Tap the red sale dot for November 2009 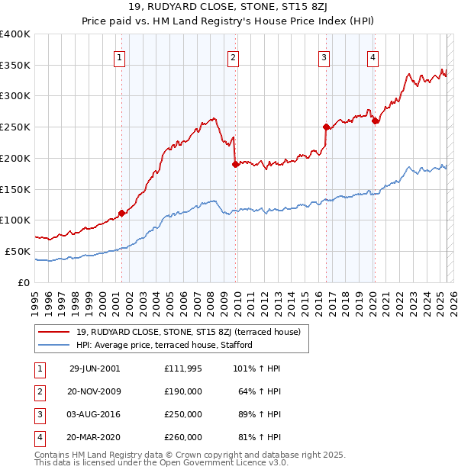click(235, 163)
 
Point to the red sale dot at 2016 click(326, 127)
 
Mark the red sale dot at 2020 click(375, 121)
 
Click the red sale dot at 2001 click(121, 213)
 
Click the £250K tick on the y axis click(15, 127)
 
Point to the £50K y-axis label click(18, 251)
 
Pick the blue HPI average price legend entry click(163, 345)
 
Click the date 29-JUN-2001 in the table click(95, 368)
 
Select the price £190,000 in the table click(182, 391)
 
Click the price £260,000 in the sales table click(182, 437)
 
